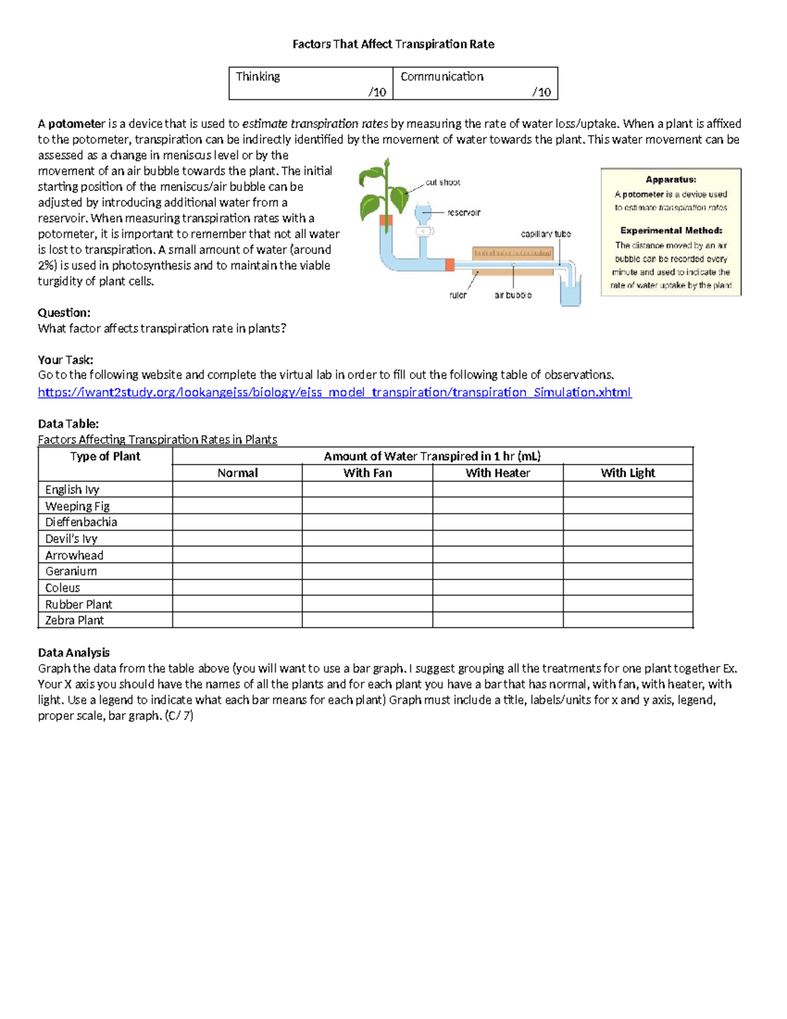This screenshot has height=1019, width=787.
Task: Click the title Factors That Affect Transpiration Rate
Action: [x=393, y=44]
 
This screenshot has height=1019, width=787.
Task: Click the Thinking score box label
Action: [x=258, y=77]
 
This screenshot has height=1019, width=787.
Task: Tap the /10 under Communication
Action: [x=541, y=92]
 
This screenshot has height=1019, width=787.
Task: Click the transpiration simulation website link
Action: [x=334, y=392]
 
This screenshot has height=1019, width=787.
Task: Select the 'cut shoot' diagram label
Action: [x=443, y=182]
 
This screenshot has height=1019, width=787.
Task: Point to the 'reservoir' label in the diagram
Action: [x=464, y=213]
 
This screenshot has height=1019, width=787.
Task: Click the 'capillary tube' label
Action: [x=546, y=234]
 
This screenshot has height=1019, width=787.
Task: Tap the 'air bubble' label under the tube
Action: [x=513, y=295]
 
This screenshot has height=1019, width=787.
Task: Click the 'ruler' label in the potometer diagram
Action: [x=458, y=295]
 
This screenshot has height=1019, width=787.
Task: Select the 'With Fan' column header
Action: [x=367, y=473]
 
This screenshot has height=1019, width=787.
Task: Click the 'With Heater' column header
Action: [x=498, y=473]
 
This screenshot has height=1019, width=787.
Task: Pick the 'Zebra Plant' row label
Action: [x=74, y=620]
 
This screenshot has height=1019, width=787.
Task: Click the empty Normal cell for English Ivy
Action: [x=237, y=489]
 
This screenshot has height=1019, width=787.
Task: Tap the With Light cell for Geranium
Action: [x=628, y=572]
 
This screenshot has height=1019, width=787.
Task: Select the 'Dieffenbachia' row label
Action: [x=81, y=522]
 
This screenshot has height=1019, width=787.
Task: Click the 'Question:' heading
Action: [x=64, y=312]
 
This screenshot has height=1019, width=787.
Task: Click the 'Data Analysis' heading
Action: [x=73, y=652]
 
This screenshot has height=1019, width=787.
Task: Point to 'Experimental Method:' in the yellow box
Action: [x=671, y=230]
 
